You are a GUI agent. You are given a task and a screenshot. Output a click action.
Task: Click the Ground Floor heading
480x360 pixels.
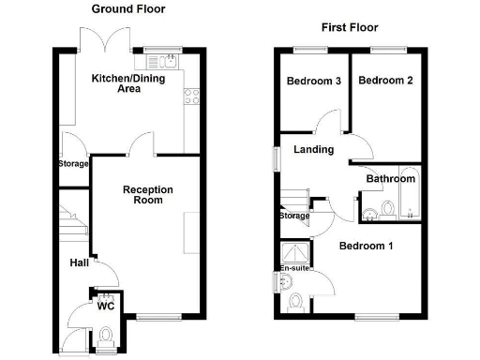127,8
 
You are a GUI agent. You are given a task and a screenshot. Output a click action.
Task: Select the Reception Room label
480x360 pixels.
148,195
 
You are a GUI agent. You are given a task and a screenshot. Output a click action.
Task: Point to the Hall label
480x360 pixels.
79,263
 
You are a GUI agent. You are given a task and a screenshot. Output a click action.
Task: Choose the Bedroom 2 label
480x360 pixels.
385,81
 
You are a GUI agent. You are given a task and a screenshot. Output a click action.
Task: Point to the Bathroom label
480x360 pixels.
390,179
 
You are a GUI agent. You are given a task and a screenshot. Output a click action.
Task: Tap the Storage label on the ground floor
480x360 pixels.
74,164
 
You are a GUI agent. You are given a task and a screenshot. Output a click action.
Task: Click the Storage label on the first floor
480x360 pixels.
293,217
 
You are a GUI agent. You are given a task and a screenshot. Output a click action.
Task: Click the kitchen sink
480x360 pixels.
169,62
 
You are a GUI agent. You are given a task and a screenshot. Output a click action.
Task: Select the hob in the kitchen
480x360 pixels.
192,95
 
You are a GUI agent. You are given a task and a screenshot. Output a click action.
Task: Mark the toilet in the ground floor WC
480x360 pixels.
106,333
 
